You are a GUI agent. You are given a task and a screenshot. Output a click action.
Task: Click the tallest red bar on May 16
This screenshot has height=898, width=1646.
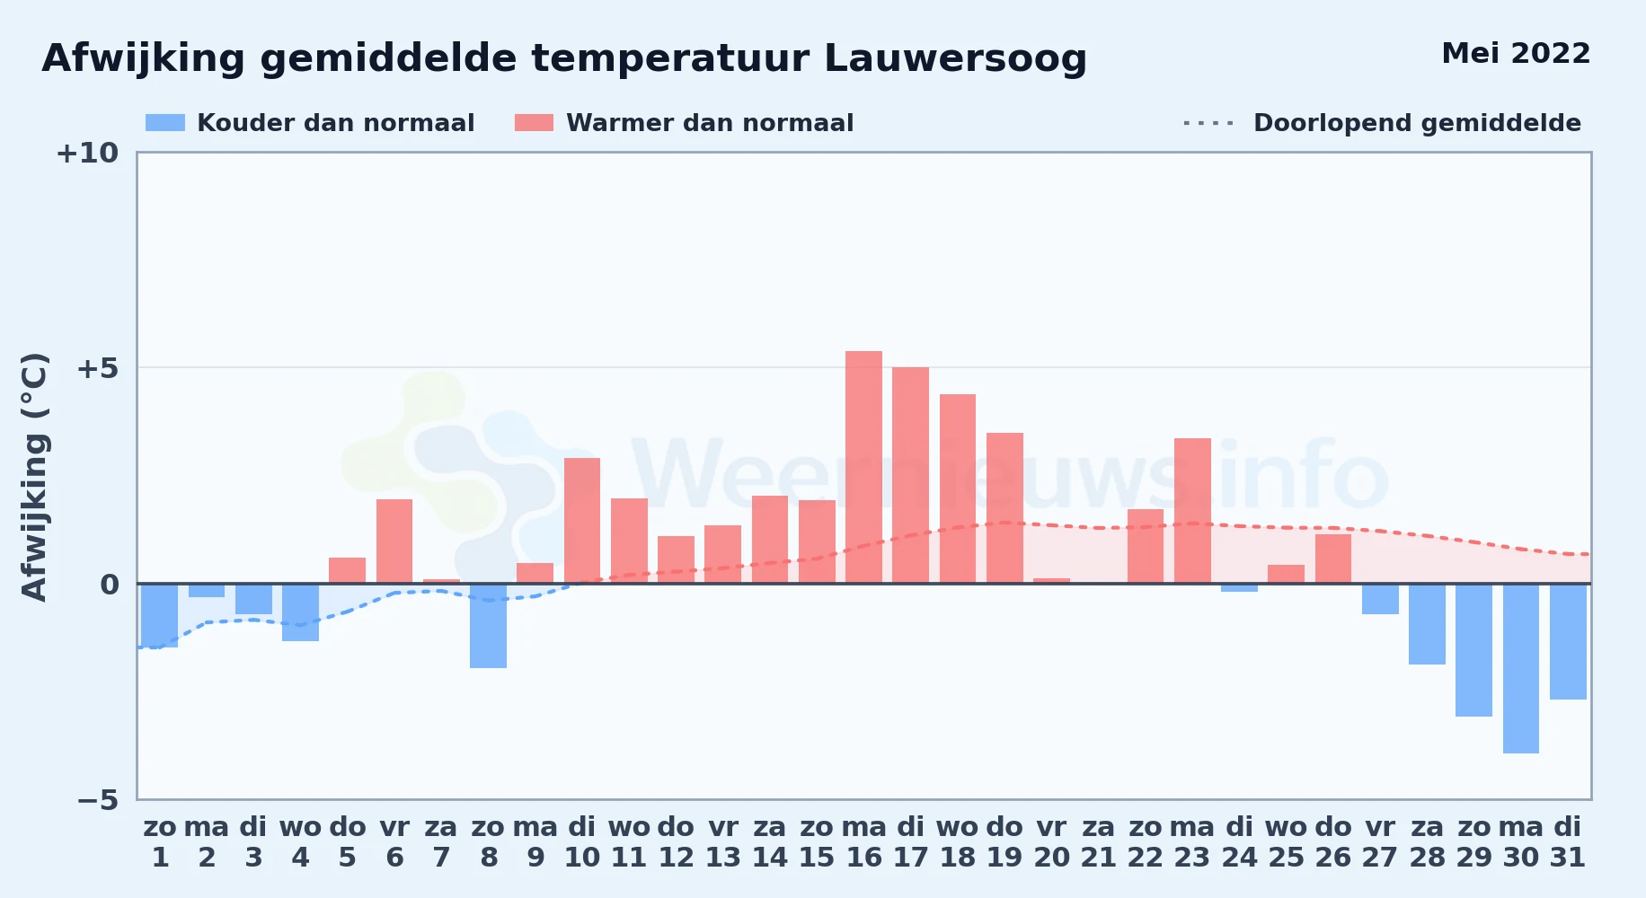(863, 467)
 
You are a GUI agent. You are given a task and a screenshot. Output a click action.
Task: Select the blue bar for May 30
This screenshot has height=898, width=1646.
(1521, 668)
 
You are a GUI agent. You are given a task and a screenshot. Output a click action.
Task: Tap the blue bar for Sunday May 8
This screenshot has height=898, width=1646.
(488, 626)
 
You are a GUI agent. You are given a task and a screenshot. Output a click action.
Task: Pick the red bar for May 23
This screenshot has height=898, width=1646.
(1192, 511)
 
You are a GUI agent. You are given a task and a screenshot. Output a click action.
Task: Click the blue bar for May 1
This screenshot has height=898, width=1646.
(159, 615)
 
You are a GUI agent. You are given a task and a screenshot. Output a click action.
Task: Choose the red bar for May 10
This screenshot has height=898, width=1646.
(582, 521)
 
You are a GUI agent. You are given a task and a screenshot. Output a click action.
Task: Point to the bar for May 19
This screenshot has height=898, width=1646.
(1004, 508)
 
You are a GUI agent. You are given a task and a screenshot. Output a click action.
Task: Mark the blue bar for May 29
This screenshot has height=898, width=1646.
(1473, 650)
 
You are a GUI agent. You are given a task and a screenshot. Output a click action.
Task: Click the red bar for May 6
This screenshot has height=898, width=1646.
(394, 541)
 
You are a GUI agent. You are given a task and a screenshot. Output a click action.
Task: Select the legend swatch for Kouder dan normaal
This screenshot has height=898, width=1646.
(165, 123)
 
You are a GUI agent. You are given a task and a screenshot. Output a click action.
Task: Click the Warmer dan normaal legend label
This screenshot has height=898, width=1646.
(710, 123)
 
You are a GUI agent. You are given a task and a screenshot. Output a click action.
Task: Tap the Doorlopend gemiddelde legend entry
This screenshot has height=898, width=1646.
(1382, 123)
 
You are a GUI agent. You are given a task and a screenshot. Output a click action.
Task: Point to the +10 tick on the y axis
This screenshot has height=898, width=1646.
(87, 154)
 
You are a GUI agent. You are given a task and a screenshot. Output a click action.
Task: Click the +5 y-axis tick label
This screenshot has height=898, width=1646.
(97, 368)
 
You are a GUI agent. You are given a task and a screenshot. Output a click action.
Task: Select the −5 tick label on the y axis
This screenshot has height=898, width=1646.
(97, 800)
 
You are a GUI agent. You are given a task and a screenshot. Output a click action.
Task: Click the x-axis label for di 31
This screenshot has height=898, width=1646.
(1568, 842)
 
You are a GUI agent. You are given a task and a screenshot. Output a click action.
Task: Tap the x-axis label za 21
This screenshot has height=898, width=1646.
(1098, 842)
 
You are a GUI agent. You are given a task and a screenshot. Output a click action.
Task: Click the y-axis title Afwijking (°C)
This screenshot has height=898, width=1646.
(34, 477)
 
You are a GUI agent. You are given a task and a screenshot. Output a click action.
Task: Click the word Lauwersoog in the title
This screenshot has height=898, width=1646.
(955, 59)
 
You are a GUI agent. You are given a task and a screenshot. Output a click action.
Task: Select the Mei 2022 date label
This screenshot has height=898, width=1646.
(1516, 54)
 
